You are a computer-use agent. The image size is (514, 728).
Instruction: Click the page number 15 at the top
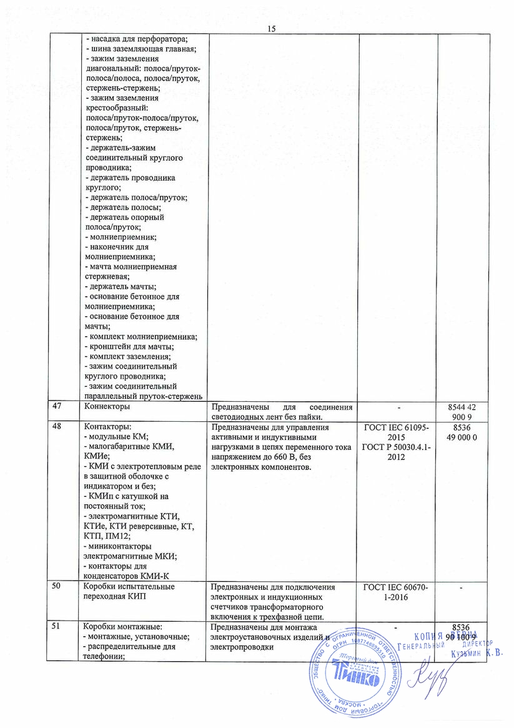pyautogui.click(x=271, y=28)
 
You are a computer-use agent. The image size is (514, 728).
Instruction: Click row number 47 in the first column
pyautogui.click(x=58, y=406)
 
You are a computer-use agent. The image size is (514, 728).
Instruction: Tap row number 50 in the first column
pyautogui.click(x=58, y=587)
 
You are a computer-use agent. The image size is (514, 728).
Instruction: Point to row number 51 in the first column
pyautogui.click(x=58, y=627)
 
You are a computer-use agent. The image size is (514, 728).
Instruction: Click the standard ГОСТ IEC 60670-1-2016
pyautogui.click(x=398, y=592)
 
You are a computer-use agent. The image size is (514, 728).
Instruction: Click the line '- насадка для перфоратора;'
pyautogui.click(x=136, y=39)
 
